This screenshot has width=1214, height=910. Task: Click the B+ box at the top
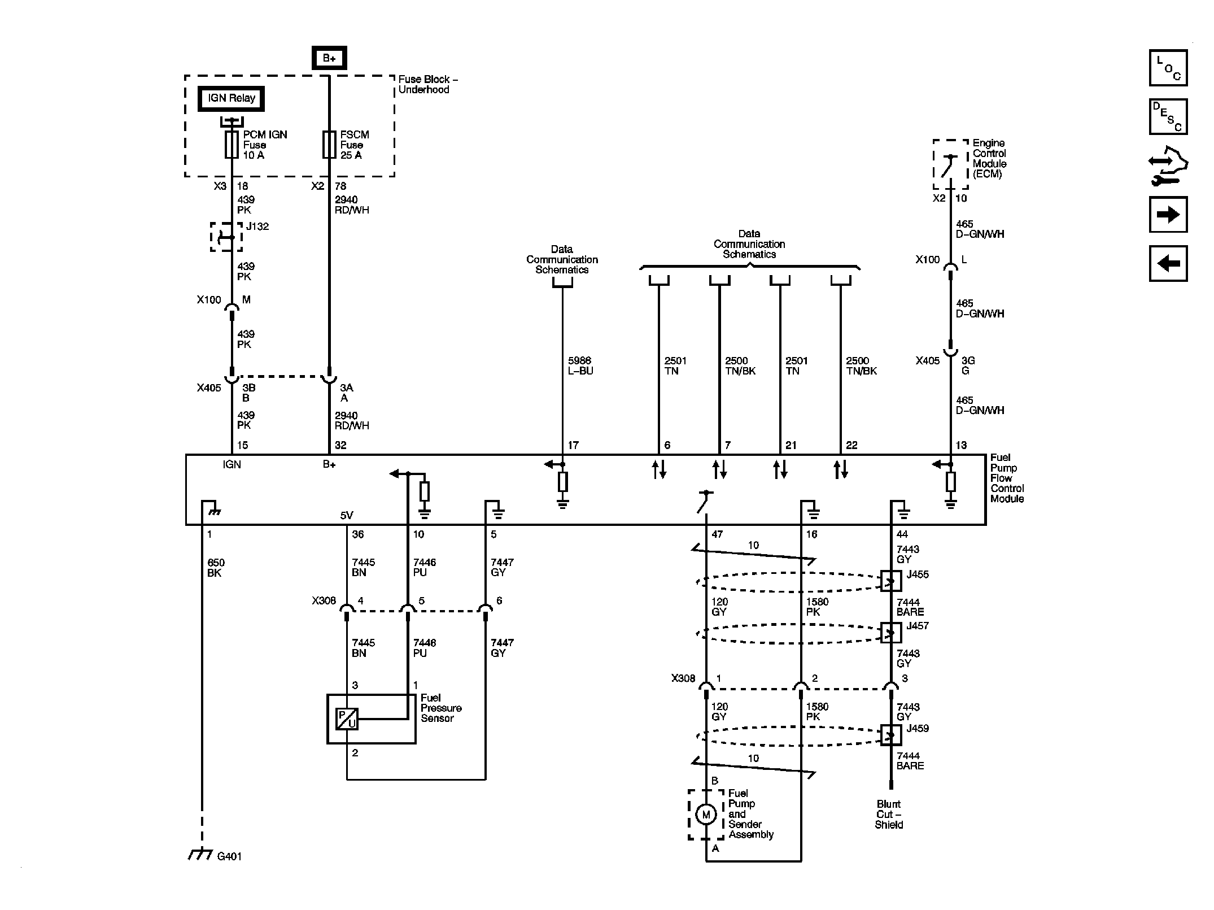pyautogui.click(x=329, y=58)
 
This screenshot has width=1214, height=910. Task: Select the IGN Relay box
pyautogui.click(x=231, y=98)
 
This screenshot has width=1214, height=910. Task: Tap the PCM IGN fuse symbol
pyautogui.click(x=232, y=145)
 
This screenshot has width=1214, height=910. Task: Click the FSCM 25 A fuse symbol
pyautogui.click(x=329, y=145)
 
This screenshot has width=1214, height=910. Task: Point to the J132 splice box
pyautogui.click(x=226, y=237)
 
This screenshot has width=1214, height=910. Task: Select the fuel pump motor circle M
pyautogui.click(x=705, y=814)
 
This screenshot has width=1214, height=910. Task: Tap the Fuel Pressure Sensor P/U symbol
pyautogui.click(x=347, y=719)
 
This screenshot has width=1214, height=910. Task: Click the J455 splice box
pyautogui.click(x=891, y=581)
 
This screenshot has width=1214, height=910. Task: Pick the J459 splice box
pyautogui.click(x=891, y=735)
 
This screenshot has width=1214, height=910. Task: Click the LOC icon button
pyautogui.click(x=1168, y=68)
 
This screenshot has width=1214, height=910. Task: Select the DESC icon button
pyautogui.click(x=1168, y=117)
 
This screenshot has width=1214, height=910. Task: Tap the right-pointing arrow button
pyautogui.click(x=1168, y=215)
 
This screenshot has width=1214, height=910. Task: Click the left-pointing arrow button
pyautogui.click(x=1168, y=263)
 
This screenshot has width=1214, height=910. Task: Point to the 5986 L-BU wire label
pyautogui.click(x=580, y=365)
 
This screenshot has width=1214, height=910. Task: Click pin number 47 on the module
pyautogui.click(x=717, y=534)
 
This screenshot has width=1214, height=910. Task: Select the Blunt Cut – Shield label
pyautogui.click(x=889, y=814)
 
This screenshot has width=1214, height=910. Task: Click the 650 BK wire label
pyautogui.click(x=216, y=568)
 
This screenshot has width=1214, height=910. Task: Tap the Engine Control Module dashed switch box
pyautogui.click(x=950, y=164)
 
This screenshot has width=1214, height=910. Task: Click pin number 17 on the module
pyautogui.click(x=573, y=445)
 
